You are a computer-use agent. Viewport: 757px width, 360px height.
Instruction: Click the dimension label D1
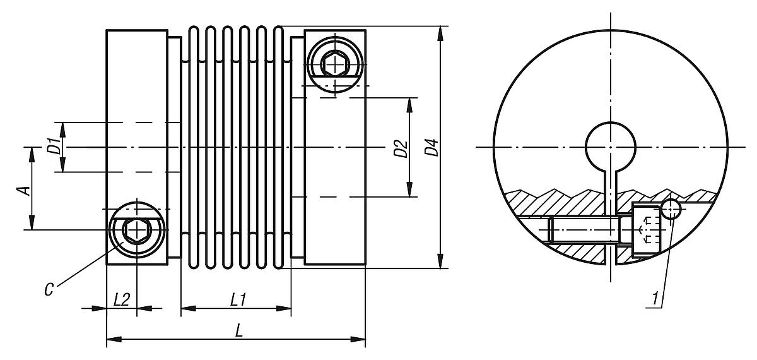coord(54,147)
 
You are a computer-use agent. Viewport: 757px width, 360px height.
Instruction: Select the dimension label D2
coord(399,149)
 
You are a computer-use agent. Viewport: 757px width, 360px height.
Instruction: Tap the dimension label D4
coord(431,149)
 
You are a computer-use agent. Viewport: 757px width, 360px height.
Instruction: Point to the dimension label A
coord(21,189)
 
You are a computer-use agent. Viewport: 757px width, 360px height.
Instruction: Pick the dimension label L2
coord(121,299)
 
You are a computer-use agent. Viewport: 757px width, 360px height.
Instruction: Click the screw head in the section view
coord(645,230)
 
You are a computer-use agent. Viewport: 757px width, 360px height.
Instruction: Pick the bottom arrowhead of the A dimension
coord(30,224)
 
